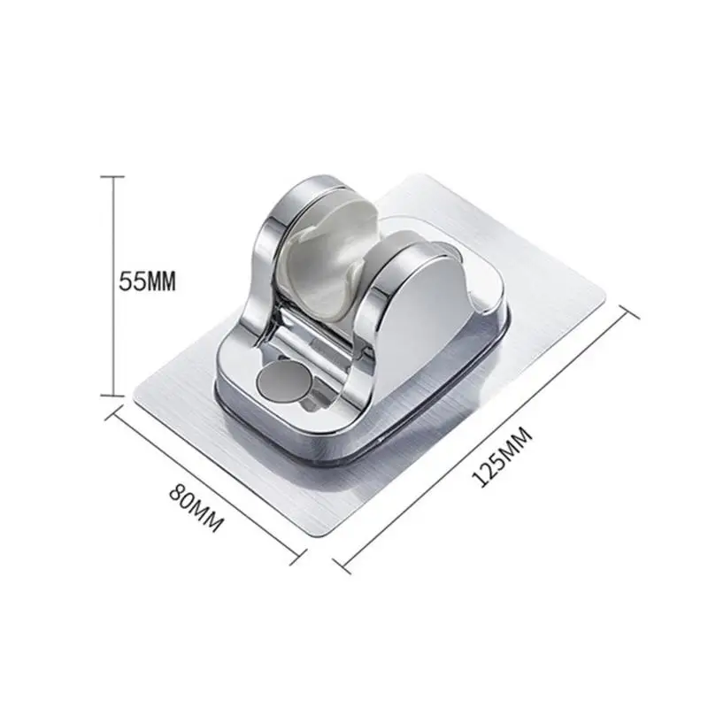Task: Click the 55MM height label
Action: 149,282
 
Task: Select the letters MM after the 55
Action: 160,282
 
